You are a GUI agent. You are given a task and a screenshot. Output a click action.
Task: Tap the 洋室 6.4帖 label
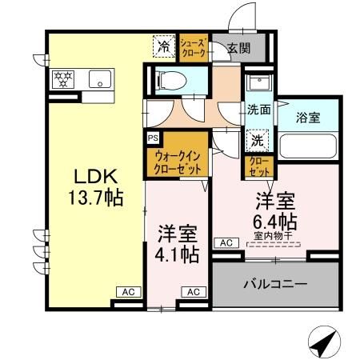pyautogui.click(x=277, y=210)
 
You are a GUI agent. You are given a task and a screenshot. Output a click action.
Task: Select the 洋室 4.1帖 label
pyautogui.click(x=177, y=244)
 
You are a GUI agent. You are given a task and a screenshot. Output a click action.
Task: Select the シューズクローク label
pyautogui.click(x=194, y=46)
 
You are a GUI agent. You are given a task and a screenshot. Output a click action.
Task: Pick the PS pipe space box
pyautogui.click(x=152, y=137)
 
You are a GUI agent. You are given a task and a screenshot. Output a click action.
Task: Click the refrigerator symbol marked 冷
pyautogui.click(x=163, y=46)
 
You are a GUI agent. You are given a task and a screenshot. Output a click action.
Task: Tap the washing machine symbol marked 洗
pyautogui.click(x=257, y=138)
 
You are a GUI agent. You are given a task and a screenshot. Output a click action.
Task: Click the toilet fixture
pyautogui.click(x=168, y=80)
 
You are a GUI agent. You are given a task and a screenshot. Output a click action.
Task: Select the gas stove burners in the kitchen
pyautogui.click(x=63, y=79)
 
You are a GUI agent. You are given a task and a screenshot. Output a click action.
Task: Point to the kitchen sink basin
pyautogui.click(x=101, y=79)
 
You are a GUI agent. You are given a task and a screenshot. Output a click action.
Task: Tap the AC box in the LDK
pyautogui.click(x=127, y=291)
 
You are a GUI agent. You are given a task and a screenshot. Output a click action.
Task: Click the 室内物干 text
pyautogui.click(x=276, y=235)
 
